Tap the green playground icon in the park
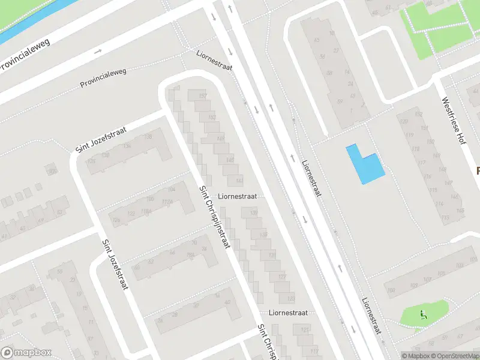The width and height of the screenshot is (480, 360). click(423, 313)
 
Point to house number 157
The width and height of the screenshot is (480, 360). click(202, 97)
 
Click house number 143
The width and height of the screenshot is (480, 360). click(239, 180)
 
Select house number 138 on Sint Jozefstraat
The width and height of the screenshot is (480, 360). click(148, 137)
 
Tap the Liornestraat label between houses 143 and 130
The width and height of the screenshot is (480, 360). click(238, 196)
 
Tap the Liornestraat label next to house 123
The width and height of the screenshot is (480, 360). click(288, 313)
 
